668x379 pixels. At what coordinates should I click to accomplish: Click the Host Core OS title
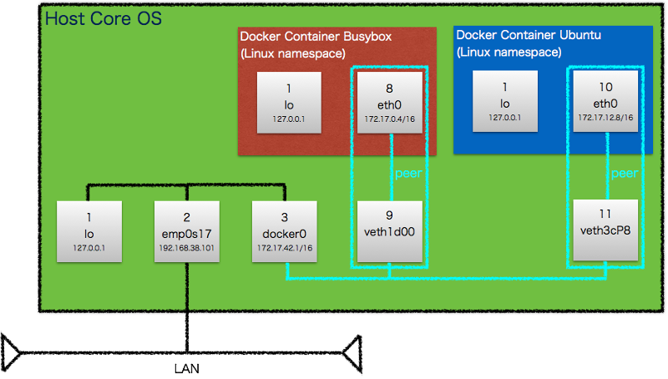click(x=104, y=18)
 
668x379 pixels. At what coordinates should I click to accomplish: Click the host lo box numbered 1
click(x=89, y=230)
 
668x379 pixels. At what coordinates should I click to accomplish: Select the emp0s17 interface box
click(x=187, y=230)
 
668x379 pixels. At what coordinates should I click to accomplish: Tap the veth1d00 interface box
click(x=389, y=230)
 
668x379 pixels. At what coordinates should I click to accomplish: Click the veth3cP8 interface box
click(x=605, y=230)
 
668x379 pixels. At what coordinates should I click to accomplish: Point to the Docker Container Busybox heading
click(x=316, y=37)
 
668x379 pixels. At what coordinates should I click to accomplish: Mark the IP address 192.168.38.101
click(x=187, y=248)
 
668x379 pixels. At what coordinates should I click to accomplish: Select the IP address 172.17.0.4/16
click(x=389, y=119)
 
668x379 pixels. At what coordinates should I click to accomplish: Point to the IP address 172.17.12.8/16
click(x=605, y=118)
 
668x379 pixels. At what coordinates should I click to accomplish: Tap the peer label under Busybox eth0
click(x=407, y=174)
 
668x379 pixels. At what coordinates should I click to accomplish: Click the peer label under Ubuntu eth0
click(x=625, y=174)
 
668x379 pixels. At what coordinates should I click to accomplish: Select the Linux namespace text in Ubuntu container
click(x=509, y=52)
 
